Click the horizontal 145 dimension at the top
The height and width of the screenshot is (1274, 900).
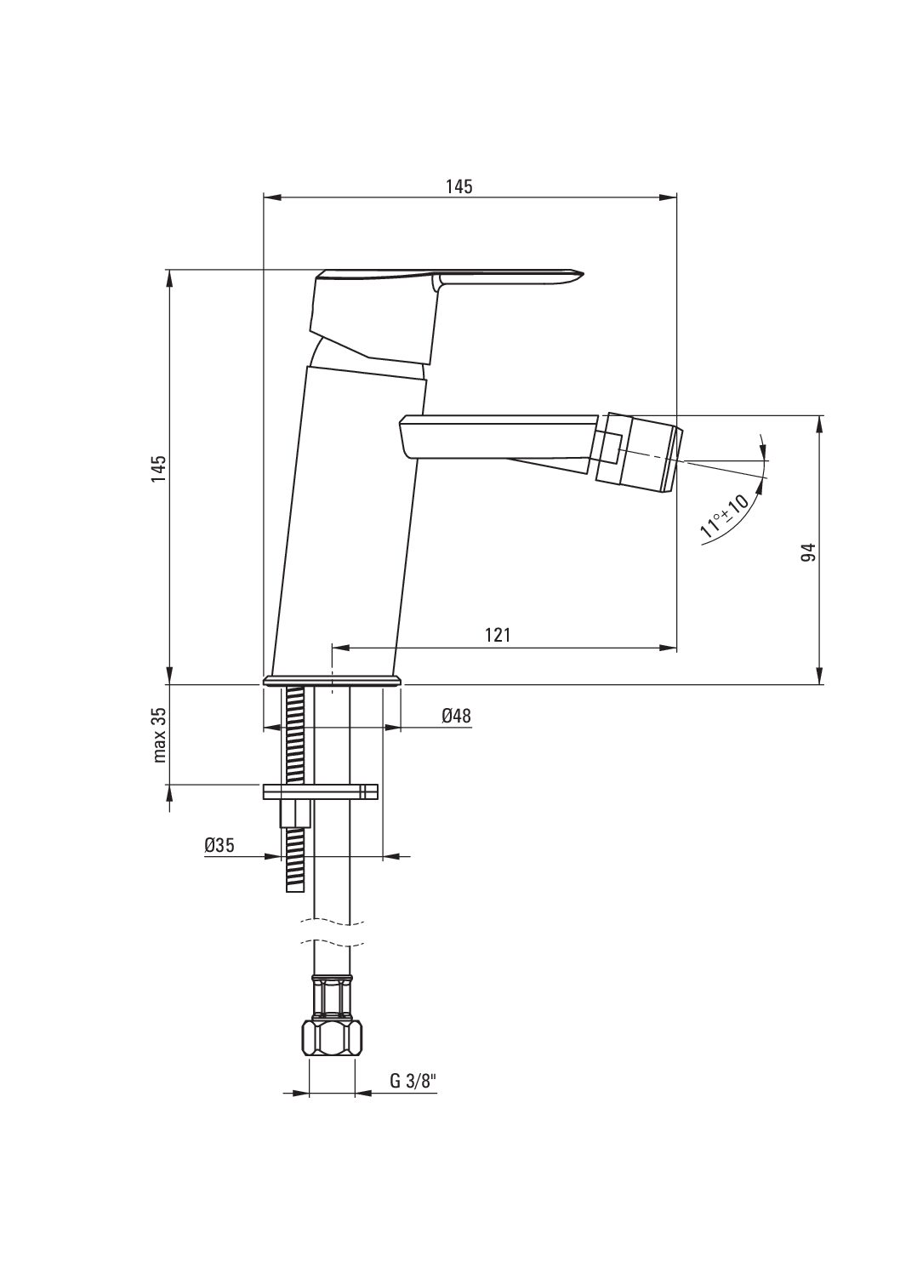tap(459, 186)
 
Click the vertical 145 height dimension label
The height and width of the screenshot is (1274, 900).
tap(159, 468)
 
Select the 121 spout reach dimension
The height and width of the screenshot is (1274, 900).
tap(498, 635)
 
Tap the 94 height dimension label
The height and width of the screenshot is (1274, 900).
tap(808, 552)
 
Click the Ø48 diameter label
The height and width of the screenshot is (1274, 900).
tap(457, 715)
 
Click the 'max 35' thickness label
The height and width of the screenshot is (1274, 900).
tap(159, 734)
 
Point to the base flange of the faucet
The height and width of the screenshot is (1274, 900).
tap(332, 682)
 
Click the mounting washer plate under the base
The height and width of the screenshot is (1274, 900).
tap(320, 791)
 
